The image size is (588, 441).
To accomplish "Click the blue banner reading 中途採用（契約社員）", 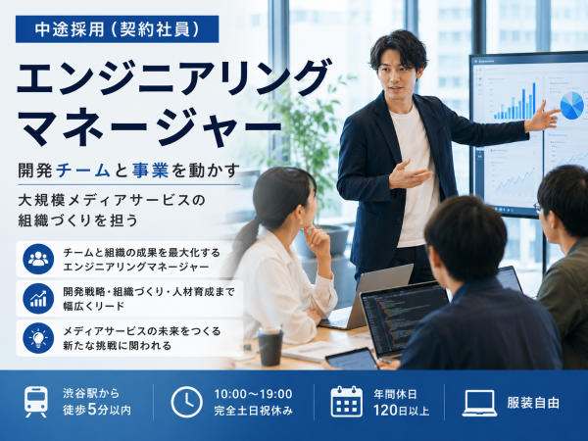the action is click(x=117, y=29).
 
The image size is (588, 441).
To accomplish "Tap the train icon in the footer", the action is click(x=36, y=402).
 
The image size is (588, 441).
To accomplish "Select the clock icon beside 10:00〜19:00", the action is click(x=187, y=402).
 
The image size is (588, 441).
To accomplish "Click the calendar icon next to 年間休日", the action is click(x=347, y=402).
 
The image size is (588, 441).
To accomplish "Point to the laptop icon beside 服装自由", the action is click(x=479, y=403).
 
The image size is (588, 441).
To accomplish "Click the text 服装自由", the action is click(x=533, y=403).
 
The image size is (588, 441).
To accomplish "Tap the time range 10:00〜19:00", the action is click(x=253, y=394).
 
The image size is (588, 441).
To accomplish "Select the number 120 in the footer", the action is click(x=385, y=411).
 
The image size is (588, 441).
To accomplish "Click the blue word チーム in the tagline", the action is click(x=83, y=171).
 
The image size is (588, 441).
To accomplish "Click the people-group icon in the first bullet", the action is click(x=38, y=259).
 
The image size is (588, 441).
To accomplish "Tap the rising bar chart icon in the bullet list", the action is click(x=38, y=299).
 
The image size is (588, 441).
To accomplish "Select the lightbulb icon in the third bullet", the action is click(x=38, y=338).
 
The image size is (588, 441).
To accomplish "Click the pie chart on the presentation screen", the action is click(x=572, y=106).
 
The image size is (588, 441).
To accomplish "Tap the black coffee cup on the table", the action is click(x=270, y=346).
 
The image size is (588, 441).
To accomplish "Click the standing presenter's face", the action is click(x=398, y=76).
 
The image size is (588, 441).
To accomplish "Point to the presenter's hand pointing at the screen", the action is click(x=542, y=117).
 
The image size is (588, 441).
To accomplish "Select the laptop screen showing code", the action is click(x=405, y=317).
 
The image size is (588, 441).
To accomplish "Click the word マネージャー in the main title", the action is click(x=149, y=126).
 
